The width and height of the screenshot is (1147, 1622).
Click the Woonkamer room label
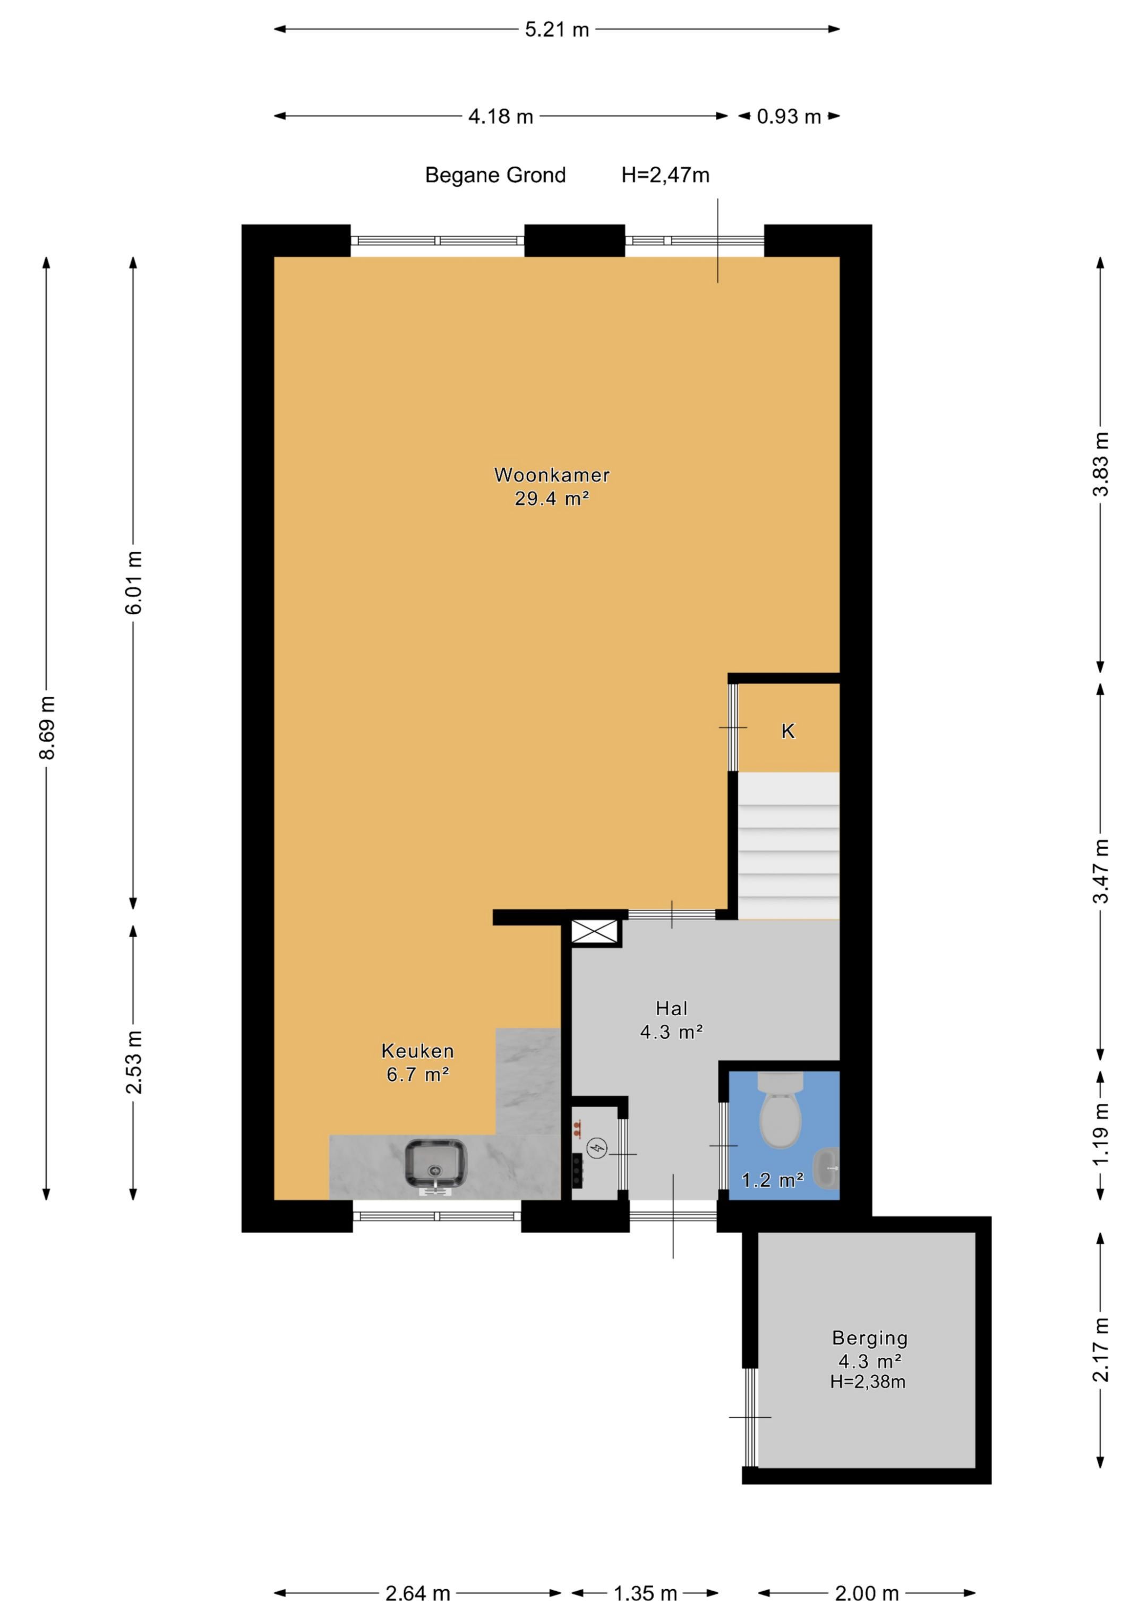pyautogui.click(x=551, y=475)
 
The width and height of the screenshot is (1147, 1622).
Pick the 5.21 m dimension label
pyautogui.click(x=557, y=30)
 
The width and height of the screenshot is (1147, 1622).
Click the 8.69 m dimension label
pyautogui.click(x=47, y=727)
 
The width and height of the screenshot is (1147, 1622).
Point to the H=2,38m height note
pyautogui.click(x=868, y=1382)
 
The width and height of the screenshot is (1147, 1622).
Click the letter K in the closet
pyautogui.click(x=788, y=731)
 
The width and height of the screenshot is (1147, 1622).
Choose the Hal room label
pyautogui.click(x=671, y=1008)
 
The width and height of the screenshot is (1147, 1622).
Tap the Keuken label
pyautogui.click(x=418, y=1051)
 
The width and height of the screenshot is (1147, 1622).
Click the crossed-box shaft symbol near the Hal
pyautogui.click(x=595, y=932)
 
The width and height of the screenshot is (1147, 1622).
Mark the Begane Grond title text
pyautogui.click(x=495, y=175)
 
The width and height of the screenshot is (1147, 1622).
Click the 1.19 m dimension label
pyautogui.click(x=1101, y=1135)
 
